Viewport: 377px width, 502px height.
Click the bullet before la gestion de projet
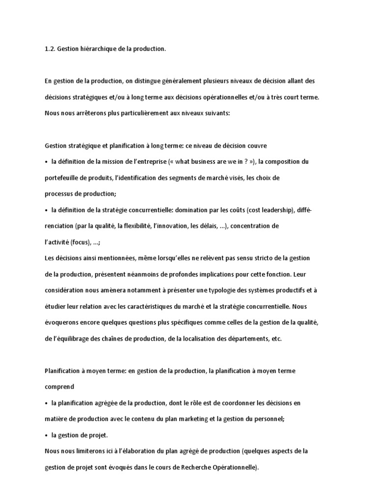(46, 435)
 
